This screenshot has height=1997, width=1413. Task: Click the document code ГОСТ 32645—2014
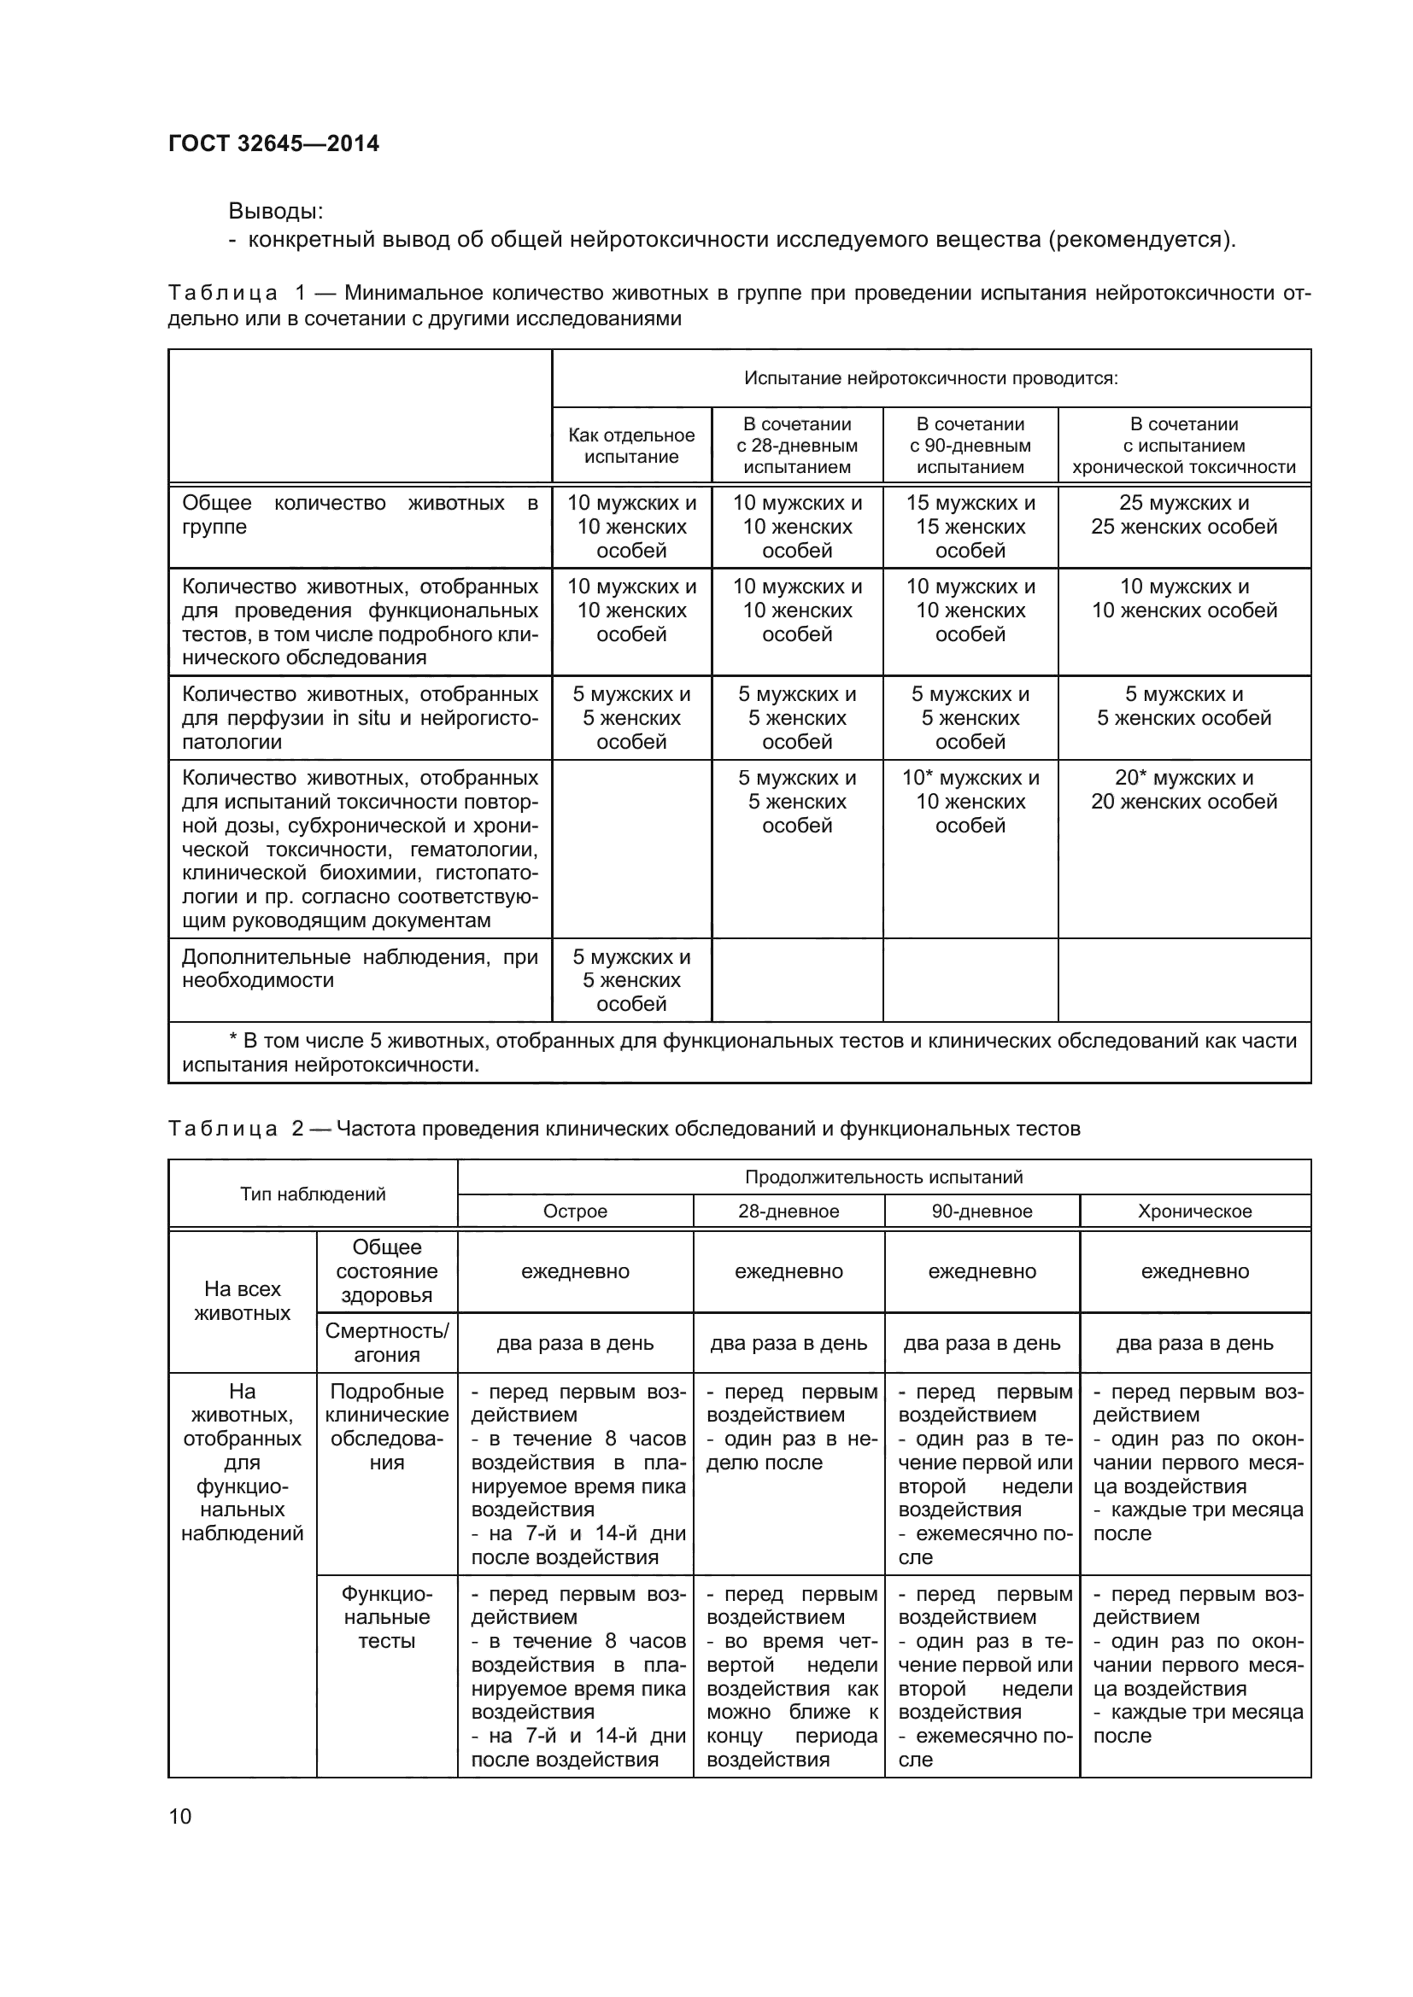[273, 143]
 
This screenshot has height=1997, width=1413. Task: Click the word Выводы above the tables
[275, 212]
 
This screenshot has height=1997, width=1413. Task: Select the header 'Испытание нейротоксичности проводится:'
[930, 378]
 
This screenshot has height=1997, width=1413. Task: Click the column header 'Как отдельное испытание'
[630, 446]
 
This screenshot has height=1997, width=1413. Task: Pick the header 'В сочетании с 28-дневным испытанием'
[796, 446]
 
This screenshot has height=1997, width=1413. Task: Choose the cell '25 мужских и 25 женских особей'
[1183, 515]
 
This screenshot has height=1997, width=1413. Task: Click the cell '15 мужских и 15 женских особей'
[970, 526]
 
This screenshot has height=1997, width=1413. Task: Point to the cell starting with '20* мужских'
[1183, 790]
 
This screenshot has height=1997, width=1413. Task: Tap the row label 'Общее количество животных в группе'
[360, 515]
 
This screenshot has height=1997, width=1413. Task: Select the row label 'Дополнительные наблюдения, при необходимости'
[360, 968]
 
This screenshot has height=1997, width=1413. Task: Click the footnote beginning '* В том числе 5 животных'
[739, 1053]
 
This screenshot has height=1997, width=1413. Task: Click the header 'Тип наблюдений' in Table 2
[313, 1194]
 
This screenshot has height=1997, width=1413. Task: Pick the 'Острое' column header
[574, 1212]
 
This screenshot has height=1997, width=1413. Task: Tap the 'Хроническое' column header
[1193, 1212]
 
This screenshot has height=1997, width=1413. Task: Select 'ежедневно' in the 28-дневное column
[789, 1271]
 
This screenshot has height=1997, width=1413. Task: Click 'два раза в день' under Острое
[574, 1343]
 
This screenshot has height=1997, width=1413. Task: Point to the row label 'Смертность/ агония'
[386, 1343]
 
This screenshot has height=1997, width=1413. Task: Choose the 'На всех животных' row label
[242, 1301]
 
